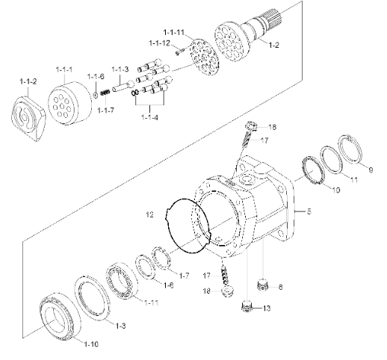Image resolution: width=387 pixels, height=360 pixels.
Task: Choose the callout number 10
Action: coord(335,190)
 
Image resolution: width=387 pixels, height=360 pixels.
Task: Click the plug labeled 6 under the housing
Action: coord(261,285)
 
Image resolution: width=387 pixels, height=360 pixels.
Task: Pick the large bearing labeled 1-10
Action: coord(61,319)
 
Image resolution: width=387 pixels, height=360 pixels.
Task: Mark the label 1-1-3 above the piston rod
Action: coord(120,69)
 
